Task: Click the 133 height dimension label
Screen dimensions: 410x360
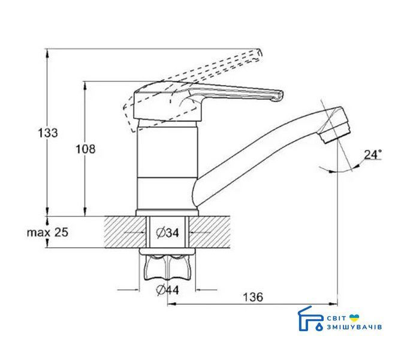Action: (x=48, y=133)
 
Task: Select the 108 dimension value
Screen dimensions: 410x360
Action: (x=86, y=149)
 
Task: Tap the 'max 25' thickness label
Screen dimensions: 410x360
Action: (x=47, y=232)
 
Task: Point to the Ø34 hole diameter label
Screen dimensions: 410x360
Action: (x=167, y=232)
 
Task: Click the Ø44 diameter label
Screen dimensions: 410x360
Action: (x=167, y=290)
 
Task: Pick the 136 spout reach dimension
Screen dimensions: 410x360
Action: (x=253, y=297)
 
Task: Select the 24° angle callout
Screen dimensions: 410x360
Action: (x=373, y=154)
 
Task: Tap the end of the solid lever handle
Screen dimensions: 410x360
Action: (x=281, y=96)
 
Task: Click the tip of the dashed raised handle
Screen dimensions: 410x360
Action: (x=259, y=53)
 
